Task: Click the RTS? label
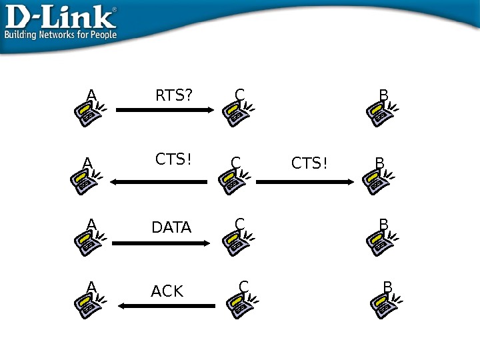pos(173,96)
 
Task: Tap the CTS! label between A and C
pos(173,160)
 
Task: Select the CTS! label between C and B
pos(310,163)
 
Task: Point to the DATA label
pos(171,228)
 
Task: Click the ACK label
pos(167,292)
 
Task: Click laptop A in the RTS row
pos(87,113)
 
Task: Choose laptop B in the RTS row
pos(381,113)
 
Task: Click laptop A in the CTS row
pos(83,180)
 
